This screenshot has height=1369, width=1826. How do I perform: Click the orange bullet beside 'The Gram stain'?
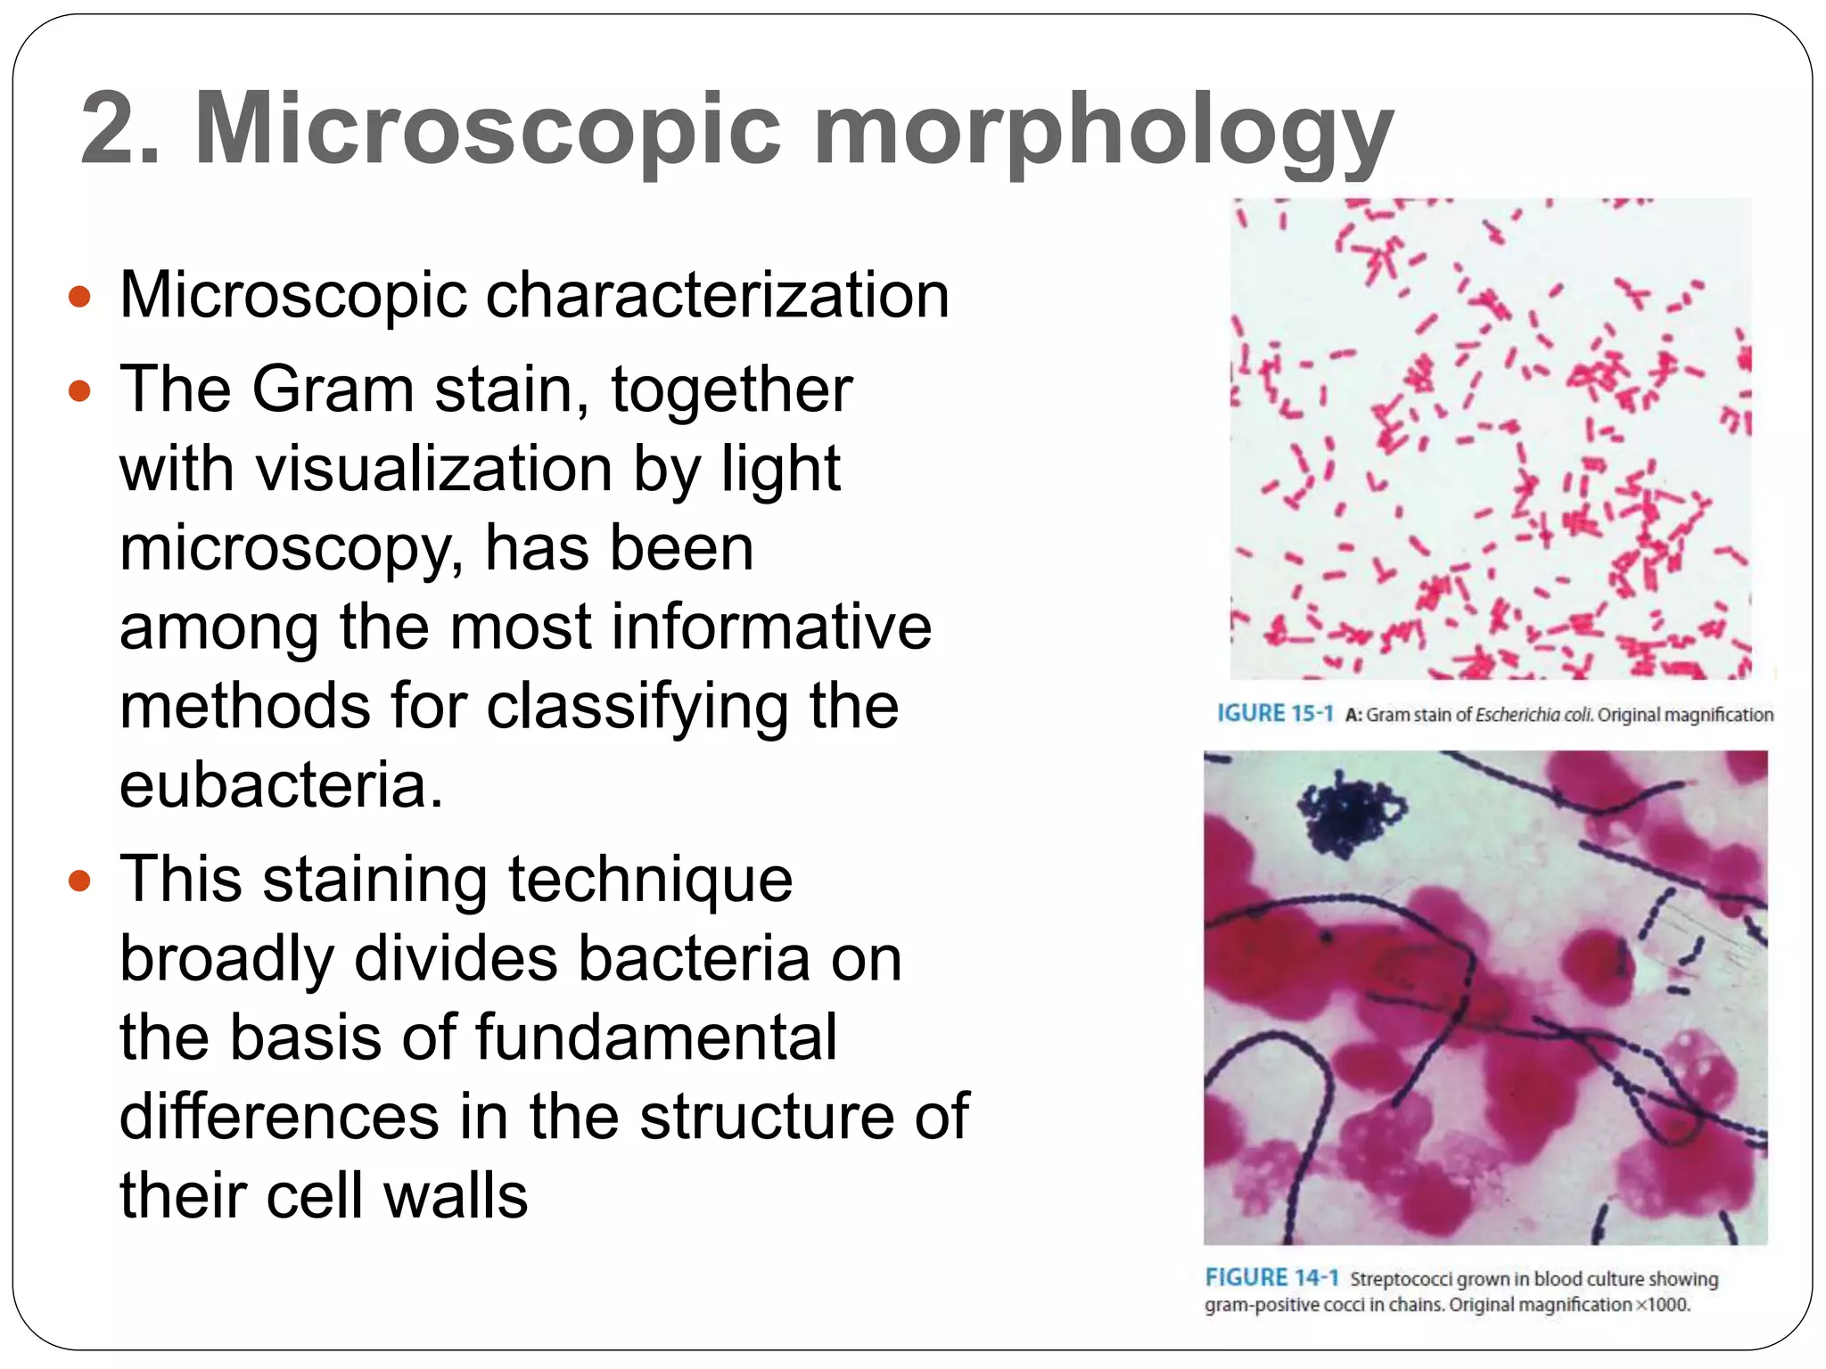tap(80, 390)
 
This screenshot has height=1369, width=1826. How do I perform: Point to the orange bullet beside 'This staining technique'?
tap(80, 881)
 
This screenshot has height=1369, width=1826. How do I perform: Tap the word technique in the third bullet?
tap(650, 880)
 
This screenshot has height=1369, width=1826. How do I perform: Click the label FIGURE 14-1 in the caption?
tap(1271, 1278)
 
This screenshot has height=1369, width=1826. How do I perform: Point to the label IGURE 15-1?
tap(1275, 713)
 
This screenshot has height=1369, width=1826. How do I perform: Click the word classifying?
tap(637, 706)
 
